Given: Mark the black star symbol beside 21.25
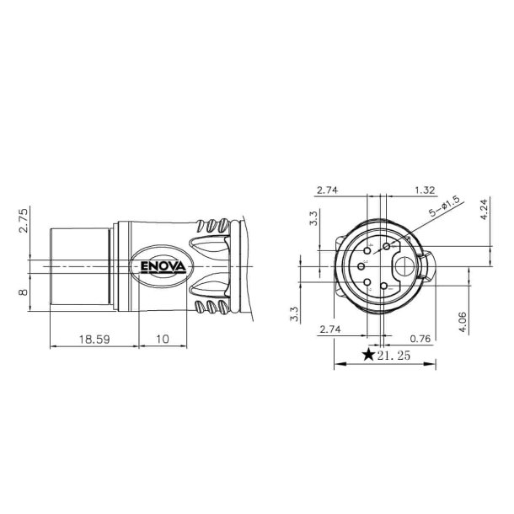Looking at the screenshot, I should (x=368, y=355).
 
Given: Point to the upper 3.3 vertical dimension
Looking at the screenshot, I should (x=313, y=219).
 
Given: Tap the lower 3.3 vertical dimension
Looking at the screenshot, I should (x=294, y=314).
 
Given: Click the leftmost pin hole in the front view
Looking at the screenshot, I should (x=361, y=267).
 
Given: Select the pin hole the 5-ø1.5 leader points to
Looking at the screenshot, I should (x=387, y=246).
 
